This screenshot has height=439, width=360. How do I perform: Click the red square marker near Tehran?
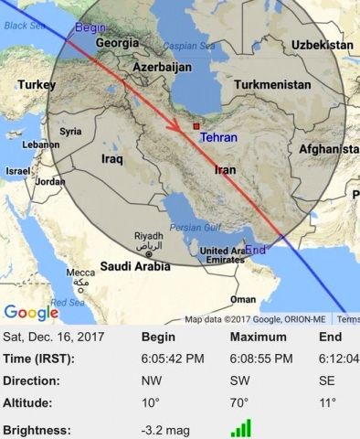[x=195, y=126]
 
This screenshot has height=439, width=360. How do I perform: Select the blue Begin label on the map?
[x=90, y=28]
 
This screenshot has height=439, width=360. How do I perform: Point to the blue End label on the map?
[x=256, y=250]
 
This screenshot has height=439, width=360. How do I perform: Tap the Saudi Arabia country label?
[x=134, y=267]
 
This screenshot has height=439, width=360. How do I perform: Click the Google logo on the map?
[x=30, y=313]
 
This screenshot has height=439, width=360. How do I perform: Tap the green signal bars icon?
[x=241, y=428]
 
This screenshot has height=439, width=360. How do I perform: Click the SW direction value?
[x=241, y=380]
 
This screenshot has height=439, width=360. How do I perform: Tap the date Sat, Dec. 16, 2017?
[x=54, y=337]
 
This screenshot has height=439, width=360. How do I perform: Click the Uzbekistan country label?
[x=323, y=45]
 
